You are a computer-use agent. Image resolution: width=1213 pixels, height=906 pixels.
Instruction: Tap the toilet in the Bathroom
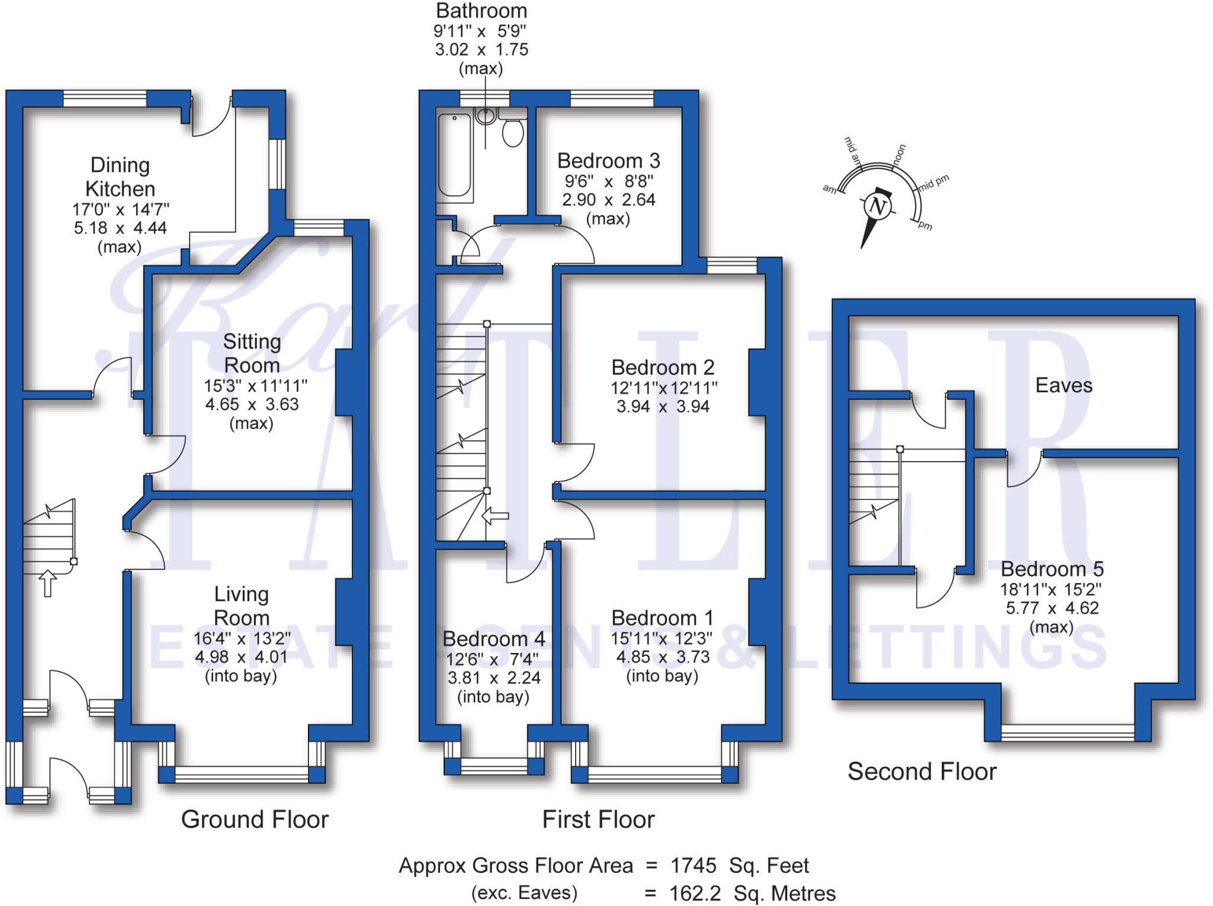513,132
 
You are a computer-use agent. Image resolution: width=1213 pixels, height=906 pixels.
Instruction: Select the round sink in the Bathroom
486,116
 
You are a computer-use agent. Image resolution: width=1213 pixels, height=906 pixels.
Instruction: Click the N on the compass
877,207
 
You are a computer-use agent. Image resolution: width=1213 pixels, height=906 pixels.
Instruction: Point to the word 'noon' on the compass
899,154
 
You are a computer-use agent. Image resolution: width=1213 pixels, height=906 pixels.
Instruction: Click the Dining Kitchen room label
120,177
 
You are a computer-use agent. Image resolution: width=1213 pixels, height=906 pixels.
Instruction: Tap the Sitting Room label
252,353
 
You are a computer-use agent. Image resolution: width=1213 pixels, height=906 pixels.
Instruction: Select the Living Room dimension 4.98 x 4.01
241,657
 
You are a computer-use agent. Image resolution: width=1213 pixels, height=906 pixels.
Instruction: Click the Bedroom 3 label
608,161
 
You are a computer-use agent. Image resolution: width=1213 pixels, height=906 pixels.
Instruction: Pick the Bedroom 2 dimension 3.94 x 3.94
663,406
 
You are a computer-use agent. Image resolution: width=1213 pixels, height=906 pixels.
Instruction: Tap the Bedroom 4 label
493,639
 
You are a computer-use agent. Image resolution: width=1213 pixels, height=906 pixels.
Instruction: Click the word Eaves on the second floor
1064,385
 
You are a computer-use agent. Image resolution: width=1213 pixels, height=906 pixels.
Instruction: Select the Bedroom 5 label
1052,569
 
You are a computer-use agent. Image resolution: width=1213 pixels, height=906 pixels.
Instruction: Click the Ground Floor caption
255,819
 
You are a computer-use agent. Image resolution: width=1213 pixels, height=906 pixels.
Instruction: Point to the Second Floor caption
922,771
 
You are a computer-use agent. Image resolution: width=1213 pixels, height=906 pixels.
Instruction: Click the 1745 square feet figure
693,866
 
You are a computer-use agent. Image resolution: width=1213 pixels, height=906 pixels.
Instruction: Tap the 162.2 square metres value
695,893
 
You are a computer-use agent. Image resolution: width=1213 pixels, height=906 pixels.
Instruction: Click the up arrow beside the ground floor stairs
47,583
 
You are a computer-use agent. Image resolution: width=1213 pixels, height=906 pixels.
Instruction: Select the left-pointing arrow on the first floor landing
495,516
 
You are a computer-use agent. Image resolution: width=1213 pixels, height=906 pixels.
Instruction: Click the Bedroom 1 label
662,618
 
